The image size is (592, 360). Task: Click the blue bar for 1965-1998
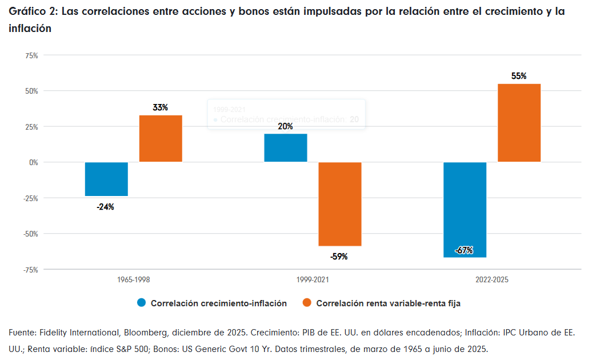pos(106,179)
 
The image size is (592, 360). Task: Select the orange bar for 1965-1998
pos(161,139)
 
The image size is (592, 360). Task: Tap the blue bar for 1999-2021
pos(285,148)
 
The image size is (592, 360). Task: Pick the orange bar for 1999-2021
pos(339,204)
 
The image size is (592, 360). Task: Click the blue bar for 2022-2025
pos(465,210)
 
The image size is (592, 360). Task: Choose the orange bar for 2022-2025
pos(519,123)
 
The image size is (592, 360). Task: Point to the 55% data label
pos(519,76)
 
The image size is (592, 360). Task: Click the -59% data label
pos(339,257)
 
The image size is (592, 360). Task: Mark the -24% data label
pos(106,207)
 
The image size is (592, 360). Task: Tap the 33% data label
pos(161,107)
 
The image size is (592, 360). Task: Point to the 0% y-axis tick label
pos(33,162)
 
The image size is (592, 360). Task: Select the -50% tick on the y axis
pos(30,234)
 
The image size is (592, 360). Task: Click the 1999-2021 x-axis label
pos(313,280)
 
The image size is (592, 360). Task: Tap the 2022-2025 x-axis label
pos(491,280)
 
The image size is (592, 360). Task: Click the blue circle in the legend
pos(141,303)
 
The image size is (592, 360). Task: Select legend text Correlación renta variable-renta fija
pos(388,303)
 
